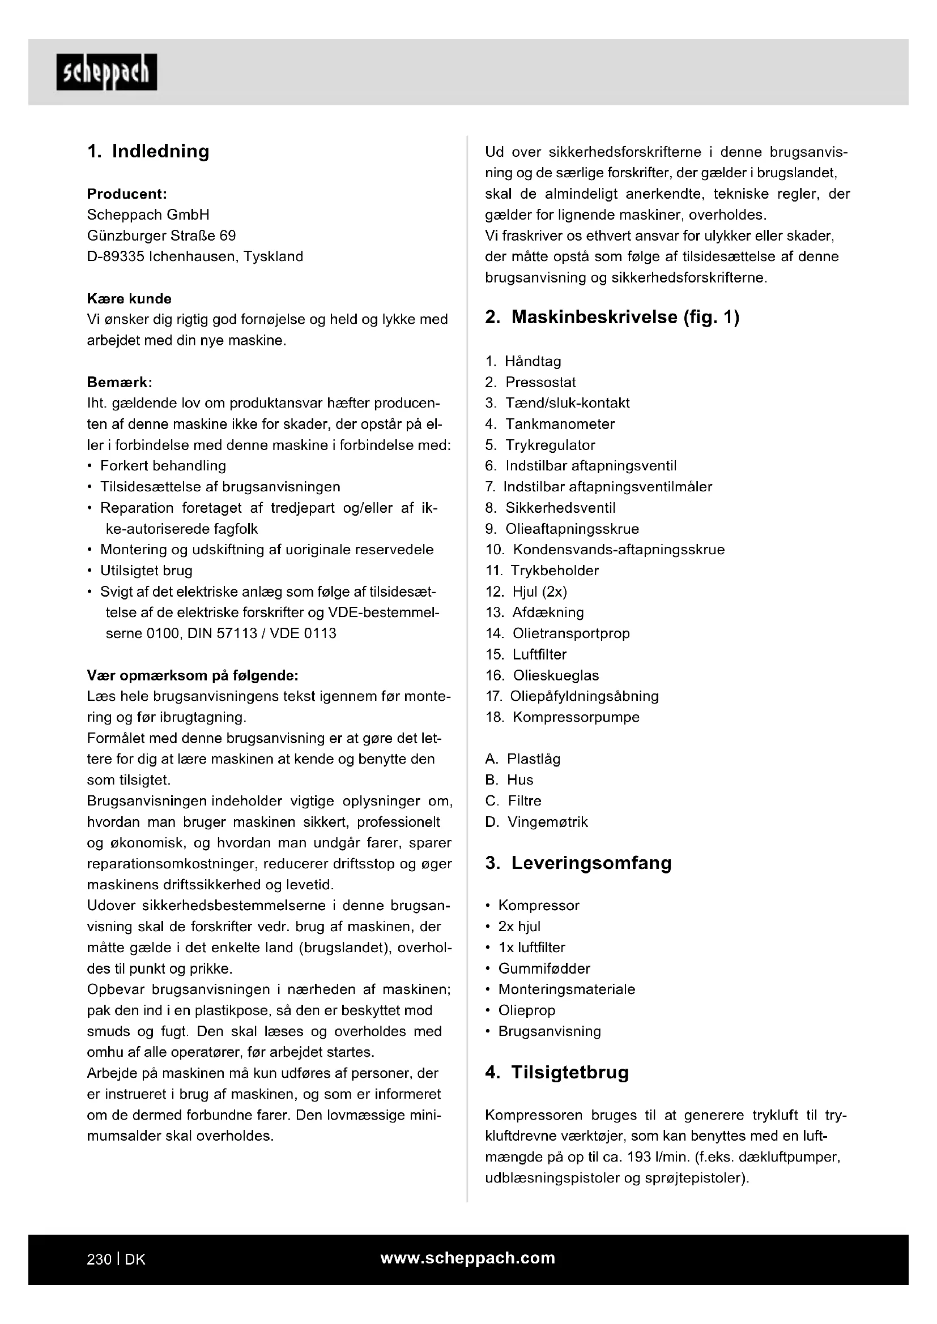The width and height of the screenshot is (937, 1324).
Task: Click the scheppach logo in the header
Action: pos(107,72)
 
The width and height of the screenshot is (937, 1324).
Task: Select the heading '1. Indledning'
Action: pos(148,152)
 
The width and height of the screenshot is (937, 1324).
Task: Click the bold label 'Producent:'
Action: pos(127,194)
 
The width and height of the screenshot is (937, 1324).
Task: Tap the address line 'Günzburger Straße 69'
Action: pos(161,236)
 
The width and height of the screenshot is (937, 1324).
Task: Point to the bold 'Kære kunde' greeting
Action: pos(129,299)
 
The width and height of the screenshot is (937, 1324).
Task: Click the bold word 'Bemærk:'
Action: pos(120,382)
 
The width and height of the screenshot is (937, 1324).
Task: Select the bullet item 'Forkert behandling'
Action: pos(163,466)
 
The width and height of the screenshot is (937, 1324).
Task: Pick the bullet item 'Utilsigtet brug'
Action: pos(146,571)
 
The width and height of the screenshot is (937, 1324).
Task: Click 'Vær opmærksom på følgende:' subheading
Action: pos(192,675)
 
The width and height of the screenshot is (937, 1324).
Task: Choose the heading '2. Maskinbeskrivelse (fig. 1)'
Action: pos(612,317)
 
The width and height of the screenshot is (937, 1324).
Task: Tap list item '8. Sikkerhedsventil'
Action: pos(551,508)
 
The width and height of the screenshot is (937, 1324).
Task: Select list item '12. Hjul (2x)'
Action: pos(526,592)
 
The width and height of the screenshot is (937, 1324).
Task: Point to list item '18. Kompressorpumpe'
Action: pos(563,717)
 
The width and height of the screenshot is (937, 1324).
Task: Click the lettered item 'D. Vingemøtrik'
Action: pos(536,822)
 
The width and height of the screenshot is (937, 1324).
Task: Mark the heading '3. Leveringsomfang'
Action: pos(578,863)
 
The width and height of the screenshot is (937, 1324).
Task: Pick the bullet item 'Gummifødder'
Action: pos(544,969)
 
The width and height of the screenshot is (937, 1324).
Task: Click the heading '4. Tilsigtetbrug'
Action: pos(557,1073)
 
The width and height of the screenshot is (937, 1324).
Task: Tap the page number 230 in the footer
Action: pos(99,1259)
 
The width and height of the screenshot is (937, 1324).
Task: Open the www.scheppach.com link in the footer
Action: pos(467,1258)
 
